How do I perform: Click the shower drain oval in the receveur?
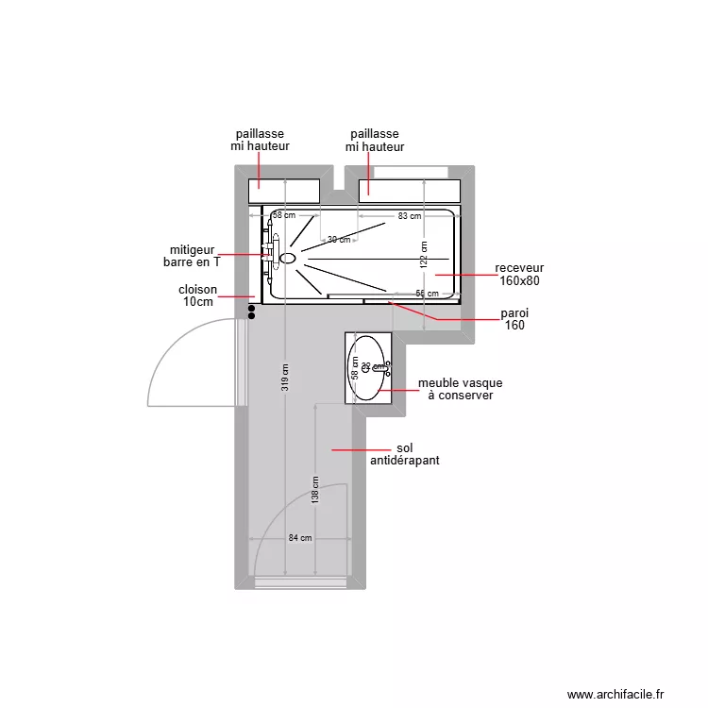pos(288,257)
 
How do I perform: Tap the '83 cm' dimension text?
pos(409,216)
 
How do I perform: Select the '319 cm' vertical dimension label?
pos(285,378)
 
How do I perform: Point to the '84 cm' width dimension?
pos(300,538)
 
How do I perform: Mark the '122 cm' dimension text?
pos(424,254)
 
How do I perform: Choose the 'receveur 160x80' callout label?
pos(518,275)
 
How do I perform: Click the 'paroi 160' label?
pos(514,319)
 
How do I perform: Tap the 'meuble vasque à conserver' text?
pos(460,390)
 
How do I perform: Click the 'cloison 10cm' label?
pos(198,296)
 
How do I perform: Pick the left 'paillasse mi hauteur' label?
pos(260,141)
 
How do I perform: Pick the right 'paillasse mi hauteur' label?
pos(375,141)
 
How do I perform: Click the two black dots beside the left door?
pos(251,311)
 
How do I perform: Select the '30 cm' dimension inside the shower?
pos(339,240)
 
